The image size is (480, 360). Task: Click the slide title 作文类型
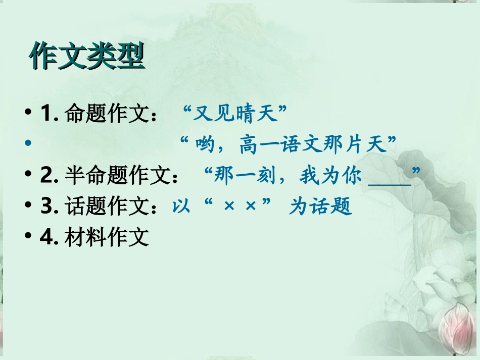tap(87, 57)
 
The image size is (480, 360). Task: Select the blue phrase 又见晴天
tap(236, 115)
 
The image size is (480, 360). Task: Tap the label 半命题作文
tap(117, 176)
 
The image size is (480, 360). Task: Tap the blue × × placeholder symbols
tap(239, 207)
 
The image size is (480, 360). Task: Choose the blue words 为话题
tap(320, 207)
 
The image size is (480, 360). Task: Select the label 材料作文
tap(107, 237)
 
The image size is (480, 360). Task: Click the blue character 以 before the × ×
tap(181, 207)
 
